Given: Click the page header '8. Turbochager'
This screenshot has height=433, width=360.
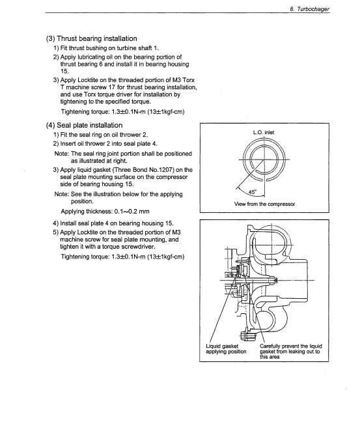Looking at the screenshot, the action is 309,9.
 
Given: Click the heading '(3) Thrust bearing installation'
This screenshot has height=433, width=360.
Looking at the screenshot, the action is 91,38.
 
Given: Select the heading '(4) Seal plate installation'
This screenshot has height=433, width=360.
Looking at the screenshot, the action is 84,126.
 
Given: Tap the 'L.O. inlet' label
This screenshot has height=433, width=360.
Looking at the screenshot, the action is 264,132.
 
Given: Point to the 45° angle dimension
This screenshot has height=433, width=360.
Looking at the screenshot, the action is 253,192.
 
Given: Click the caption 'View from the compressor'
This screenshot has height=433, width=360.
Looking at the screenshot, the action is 264,204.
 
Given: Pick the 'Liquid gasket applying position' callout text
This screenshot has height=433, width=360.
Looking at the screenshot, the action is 226,349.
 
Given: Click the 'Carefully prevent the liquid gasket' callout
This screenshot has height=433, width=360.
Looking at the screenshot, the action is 290,351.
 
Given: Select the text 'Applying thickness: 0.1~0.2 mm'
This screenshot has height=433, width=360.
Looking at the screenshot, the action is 105,212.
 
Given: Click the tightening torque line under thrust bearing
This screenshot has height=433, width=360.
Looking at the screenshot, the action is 122,112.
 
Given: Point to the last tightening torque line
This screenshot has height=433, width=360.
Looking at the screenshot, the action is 122,257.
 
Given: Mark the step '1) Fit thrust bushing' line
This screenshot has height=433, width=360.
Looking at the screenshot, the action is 106,48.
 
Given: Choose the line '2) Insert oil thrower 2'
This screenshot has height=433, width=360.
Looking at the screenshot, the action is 105,144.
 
